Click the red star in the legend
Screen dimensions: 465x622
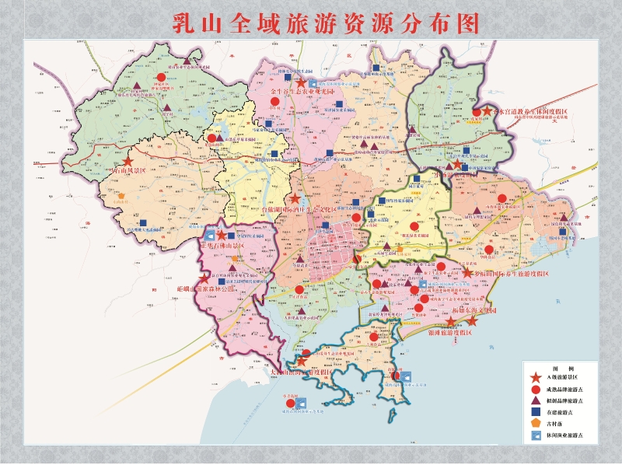[536, 376]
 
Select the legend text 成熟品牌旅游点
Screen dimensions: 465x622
[565, 389]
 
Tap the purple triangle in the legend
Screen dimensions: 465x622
[536, 400]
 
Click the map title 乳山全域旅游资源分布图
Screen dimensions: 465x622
[325, 23]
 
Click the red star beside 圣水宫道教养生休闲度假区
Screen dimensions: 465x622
[487, 112]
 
